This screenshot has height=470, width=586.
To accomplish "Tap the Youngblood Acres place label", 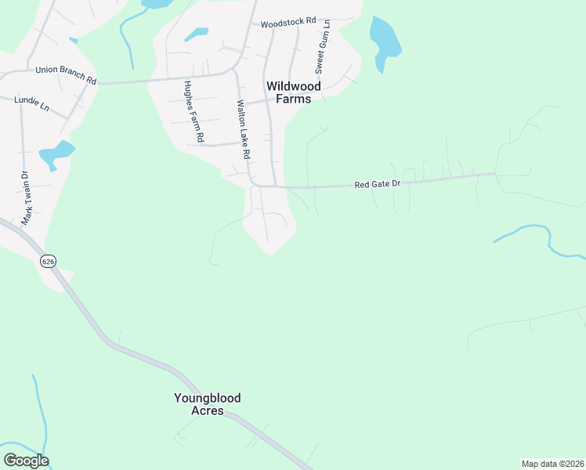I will coord(207,404).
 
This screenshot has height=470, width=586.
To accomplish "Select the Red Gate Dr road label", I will coord(378,185).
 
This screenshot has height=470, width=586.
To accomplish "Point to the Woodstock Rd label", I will coord(288,23).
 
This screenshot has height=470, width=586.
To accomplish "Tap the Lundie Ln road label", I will coord(32,101).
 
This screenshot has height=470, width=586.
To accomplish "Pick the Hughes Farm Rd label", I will coord(194,111).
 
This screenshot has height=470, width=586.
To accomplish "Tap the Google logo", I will coord(26,461).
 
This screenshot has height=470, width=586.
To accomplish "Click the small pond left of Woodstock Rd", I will coord(197,34).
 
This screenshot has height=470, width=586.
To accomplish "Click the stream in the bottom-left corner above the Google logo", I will coord(39,415).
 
